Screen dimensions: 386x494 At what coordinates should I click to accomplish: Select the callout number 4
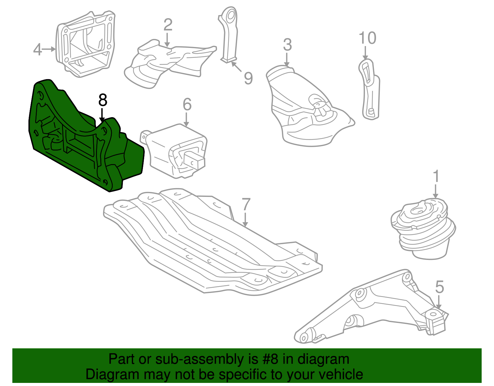37,49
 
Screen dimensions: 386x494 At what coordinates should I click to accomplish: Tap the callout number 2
168,25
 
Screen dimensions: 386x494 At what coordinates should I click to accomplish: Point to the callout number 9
248,78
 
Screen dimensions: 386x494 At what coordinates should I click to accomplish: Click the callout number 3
287,45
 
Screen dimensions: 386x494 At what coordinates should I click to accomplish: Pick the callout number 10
367,38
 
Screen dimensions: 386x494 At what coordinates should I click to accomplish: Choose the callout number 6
187,104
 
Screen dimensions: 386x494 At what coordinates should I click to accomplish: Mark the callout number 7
246,205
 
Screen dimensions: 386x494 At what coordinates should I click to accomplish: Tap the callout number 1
436,176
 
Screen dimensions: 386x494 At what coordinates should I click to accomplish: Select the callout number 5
439,287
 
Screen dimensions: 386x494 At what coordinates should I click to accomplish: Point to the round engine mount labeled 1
423,229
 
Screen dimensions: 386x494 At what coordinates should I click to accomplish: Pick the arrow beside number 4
49,49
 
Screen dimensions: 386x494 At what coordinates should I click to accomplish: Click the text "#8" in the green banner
270,359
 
